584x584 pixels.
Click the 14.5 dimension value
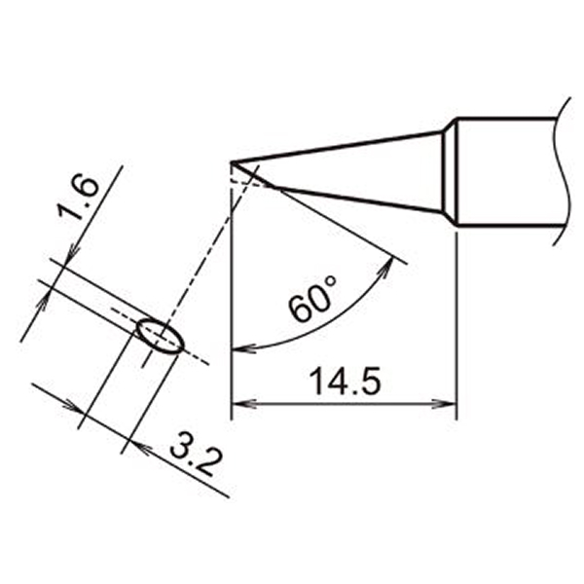point(345,382)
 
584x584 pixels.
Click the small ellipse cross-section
point(161,337)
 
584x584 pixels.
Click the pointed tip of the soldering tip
point(232,163)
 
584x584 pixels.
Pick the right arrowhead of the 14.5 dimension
point(444,403)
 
